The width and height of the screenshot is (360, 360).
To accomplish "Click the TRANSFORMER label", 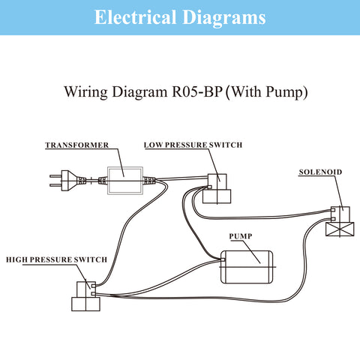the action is pyautogui.click(x=77, y=145).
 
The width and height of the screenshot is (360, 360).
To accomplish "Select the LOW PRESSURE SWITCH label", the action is pyautogui.click(x=193, y=145).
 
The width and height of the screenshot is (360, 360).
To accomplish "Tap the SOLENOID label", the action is pyautogui.click(x=320, y=172).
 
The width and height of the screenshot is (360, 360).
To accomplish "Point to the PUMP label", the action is pyautogui.click(x=241, y=236).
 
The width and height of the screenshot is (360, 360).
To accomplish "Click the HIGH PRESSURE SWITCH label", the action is pyautogui.click(x=56, y=259).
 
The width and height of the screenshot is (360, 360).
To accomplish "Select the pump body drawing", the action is pyautogui.click(x=247, y=267).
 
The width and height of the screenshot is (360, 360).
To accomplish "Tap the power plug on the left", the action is pyautogui.click(x=68, y=181).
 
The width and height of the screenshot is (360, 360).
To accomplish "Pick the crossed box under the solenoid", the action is pyautogui.click(x=340, y=229).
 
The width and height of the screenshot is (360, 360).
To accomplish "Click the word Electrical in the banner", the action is pyautogui.click(x=135, y=17).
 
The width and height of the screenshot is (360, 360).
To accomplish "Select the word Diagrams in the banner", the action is pyautogui.click(x=224, y=17).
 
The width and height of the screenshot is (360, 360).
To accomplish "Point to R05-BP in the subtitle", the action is pyautogui.click(x=197, y=91).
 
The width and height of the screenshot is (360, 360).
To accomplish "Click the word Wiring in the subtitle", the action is pyautogui.click(x=86, y=92).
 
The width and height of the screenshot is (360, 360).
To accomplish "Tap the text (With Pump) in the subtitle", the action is pyautogui.click(x=266, y=92).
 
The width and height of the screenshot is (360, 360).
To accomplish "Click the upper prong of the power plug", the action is pyautogui.click(x=55, y=176).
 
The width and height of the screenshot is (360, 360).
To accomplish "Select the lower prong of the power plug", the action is pyautogui.click(x=55, y=185).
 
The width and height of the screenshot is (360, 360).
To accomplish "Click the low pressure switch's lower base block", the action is pyautogui.click(x=217, y=196).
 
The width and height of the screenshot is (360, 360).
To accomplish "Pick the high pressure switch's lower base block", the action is pyautogui.click(x=85, y=304).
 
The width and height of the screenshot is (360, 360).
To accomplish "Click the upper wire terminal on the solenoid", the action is pyautogui.click(x=333, y=210).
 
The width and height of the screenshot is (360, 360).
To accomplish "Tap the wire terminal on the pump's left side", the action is pyautogui.click(x=223, y=260).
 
